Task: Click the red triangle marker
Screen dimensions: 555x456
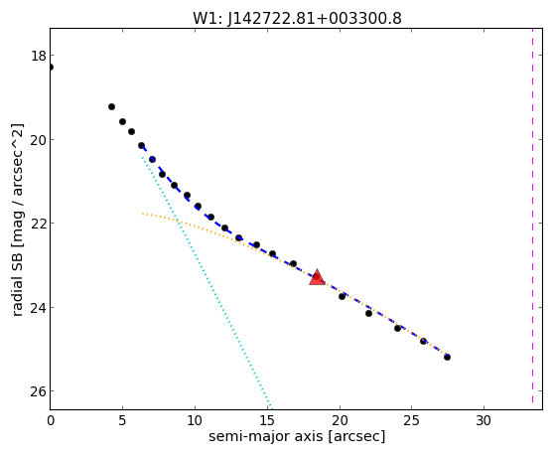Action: coord(317,277)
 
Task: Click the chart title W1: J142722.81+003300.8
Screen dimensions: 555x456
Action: coord(297,18)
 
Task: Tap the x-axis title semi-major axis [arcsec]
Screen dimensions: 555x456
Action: coord(297,436)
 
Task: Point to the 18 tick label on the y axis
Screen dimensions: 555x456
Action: coord(39,56)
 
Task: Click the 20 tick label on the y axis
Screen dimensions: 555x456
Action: coord(39,140)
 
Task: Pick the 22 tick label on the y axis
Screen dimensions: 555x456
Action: coord(39,224)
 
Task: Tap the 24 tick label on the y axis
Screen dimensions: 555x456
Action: coord(39,307)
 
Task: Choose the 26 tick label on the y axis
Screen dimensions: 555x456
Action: coord(39,391)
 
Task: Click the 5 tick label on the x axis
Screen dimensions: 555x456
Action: coord(122,420)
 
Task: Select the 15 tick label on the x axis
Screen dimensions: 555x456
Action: coord(267,420)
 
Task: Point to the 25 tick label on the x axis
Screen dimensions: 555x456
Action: coord(411,420)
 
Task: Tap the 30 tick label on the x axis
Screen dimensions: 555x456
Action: coord(484,420)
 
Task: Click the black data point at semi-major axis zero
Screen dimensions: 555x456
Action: coord(51,67)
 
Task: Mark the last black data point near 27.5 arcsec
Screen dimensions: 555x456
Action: coord(447,357)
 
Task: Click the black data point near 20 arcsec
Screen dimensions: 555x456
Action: coord(342,296)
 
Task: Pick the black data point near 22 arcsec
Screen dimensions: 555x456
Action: coord(368,313)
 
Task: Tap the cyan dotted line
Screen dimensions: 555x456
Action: coord(207,282)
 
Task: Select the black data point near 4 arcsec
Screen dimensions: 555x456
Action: coord(111,106)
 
